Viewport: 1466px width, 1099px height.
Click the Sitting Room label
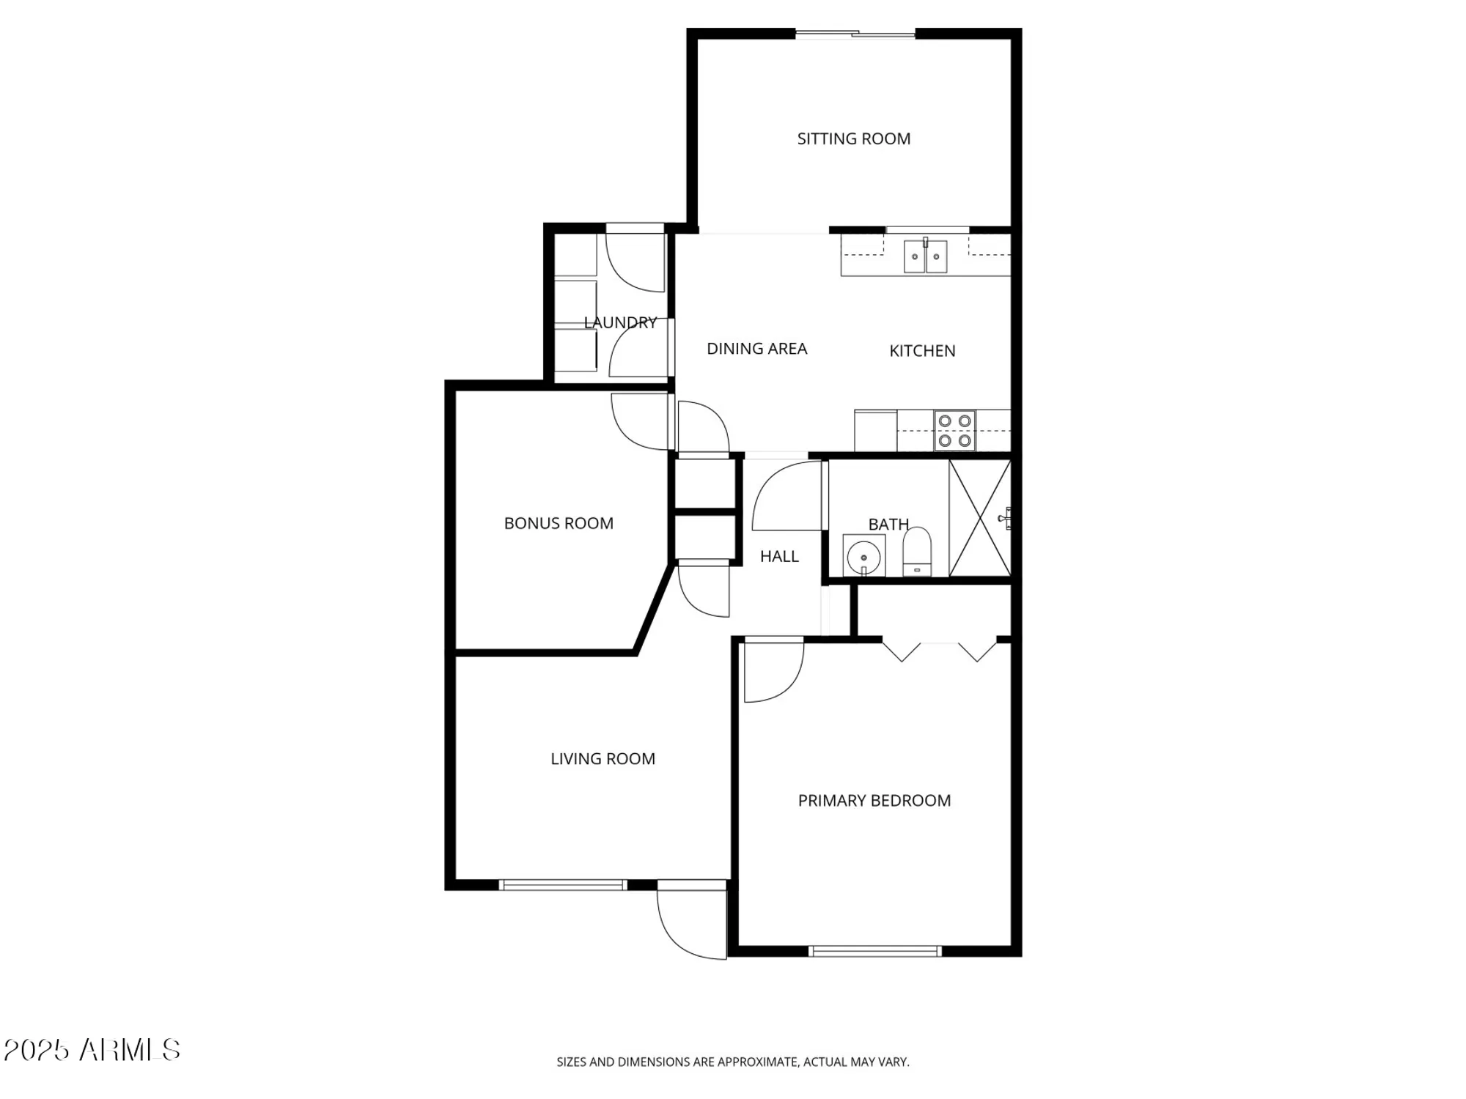click(853, 138)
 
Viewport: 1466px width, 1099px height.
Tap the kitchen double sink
click(925, 256)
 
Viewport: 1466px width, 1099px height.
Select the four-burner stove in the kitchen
click(954, 431)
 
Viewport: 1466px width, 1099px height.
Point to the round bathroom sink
click(863, 557)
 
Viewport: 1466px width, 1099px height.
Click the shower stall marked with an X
click(979, 518)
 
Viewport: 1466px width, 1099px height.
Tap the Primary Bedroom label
click(874, 801)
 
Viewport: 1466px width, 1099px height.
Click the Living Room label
click(603, 759)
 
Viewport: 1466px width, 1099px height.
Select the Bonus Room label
click(559, 523)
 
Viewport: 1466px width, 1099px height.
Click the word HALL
click(779, 557)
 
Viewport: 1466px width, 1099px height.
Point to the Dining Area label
click(756, 349)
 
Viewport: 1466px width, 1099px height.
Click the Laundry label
click(620, 322)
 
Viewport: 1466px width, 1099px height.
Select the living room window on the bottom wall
click(563, 885)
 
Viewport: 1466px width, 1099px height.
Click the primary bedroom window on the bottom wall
click(874, 951)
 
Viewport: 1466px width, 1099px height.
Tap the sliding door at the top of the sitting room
click(855, 34)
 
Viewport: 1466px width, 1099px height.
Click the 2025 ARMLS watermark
click(92, 1050)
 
